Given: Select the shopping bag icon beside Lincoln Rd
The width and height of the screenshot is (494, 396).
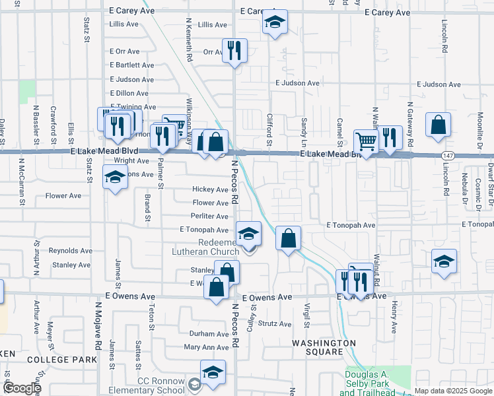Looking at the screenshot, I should [x=438, y=125].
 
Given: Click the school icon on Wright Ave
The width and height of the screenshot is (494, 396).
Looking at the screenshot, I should [x=115, y=177].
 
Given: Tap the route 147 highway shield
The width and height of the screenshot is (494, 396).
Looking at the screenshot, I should [x=447, y=154].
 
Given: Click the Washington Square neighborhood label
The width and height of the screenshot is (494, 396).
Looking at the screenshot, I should [x=324, y=344].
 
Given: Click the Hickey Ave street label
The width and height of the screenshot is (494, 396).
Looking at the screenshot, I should [x=210, y=189].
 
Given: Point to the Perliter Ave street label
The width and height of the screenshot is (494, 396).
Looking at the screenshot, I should [x=210, y=216].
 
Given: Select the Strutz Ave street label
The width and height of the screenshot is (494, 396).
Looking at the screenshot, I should [x=274, y=324].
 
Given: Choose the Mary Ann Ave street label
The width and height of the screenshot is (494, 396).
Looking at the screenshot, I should [x=206, y=347].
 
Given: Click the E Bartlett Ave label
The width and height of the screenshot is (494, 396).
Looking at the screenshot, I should [x=132, y=65].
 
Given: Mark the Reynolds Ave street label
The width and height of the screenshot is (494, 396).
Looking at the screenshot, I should [x=71, y=251].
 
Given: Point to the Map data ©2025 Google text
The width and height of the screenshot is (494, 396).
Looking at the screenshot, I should [x=453, y=391].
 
